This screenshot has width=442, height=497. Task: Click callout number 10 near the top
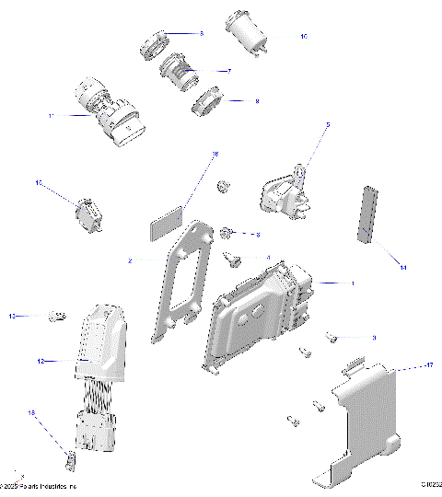[x=303, y=36]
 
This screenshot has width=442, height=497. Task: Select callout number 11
[x=52, y=116]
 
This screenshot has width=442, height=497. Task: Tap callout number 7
[x=227, y=70]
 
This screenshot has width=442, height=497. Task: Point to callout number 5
[x=327, y=123]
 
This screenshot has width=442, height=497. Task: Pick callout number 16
[x=215, y=155]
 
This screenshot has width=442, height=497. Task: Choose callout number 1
[x=350, y=282]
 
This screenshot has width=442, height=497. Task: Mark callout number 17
[x=428, y=366]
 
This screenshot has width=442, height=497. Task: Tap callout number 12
[x=41, y=362]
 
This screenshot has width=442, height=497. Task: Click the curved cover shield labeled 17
[x=364, y=414]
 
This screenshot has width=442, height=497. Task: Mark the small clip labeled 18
[x=68, y=456]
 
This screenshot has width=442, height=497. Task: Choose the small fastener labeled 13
[x=56, y=317]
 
